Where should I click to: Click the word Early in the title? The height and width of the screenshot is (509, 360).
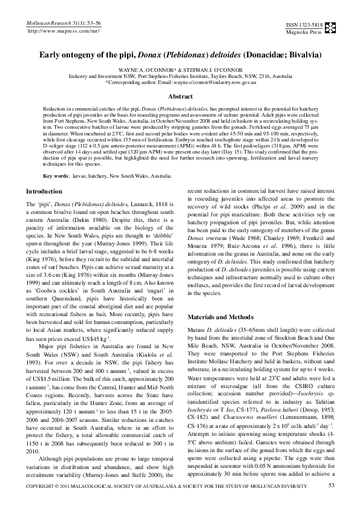tap(52, 54)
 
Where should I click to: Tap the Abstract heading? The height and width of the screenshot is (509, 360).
tap(180, 97)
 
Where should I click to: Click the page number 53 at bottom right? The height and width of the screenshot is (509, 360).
tap(331, 485)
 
